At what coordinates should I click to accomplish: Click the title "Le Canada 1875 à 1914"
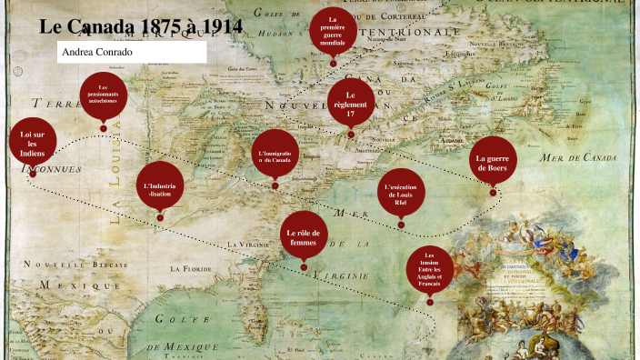point(141,25)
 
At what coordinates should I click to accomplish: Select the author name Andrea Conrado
point(98,53)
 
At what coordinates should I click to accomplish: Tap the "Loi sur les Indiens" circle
point(32,143)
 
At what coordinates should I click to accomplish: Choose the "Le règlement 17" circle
point(351,101)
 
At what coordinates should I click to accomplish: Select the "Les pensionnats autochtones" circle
point(103,95)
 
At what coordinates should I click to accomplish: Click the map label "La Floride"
point(190,269)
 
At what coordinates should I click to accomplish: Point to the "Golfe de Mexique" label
point(186,329)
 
